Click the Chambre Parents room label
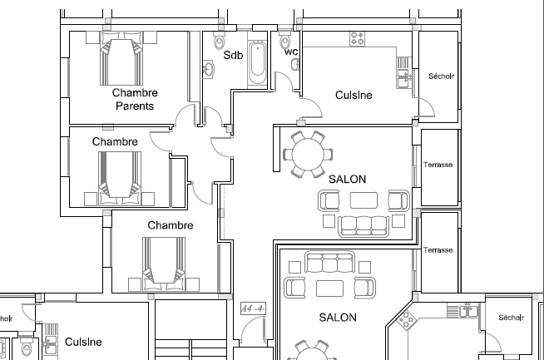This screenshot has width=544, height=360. click(135, 99)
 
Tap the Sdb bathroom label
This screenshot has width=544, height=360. click(233, 55)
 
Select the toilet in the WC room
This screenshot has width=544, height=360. click(284, 40)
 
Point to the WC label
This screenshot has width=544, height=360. click(291, 52)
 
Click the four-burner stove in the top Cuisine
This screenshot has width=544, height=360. click(358, 39)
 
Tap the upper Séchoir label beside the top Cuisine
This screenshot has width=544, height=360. click(441, 76)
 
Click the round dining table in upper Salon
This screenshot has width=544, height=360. click(308, 155)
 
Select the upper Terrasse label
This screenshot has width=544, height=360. click(438, 165)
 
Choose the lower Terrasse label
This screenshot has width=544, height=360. click(438, 250)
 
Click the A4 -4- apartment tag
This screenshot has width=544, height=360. click(253, 308)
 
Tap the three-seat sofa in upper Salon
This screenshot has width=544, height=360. click(363, 226)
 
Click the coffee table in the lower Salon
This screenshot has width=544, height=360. click(329, 288)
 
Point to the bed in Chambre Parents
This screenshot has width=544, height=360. click(121, 58)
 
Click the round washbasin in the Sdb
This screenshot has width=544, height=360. click(208, 69)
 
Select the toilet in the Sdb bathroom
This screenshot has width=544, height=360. click(220, 41)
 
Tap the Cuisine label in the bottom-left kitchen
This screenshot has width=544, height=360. click(83, 342)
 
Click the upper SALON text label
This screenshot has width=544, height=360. click(348, 179)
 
